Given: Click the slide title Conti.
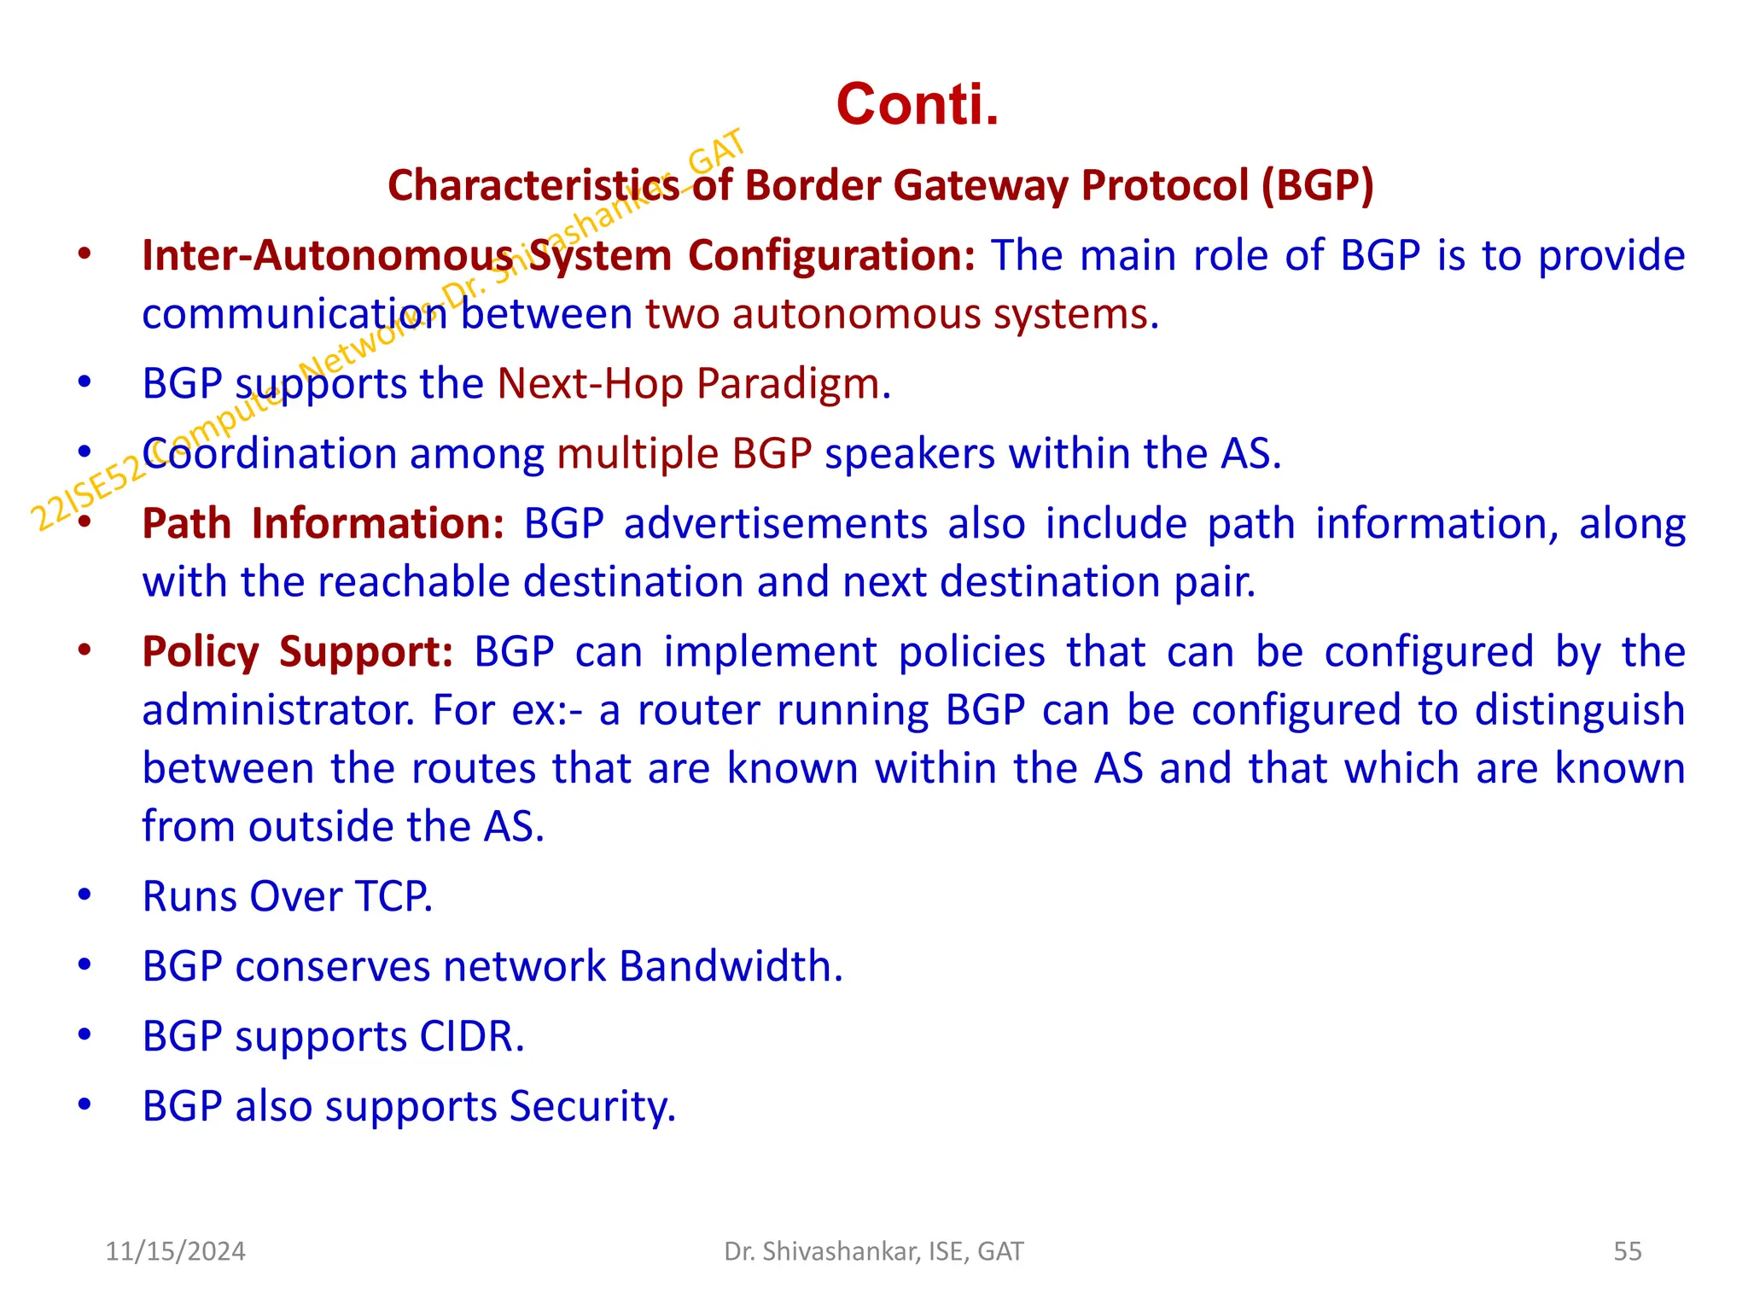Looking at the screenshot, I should [x=917, y=104].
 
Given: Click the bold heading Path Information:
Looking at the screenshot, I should [x=323, y=523].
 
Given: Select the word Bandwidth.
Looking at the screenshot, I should [x=731, y=966].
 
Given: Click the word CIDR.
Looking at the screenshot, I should [x=471, y=1036].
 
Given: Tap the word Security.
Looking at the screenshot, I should [x=592, y=1107].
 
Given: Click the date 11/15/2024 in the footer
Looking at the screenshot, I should [x=175, y=1251].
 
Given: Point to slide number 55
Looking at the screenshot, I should [x=1627, y=1251].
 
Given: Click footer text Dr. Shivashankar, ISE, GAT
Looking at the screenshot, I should [x=873, y=1251].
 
